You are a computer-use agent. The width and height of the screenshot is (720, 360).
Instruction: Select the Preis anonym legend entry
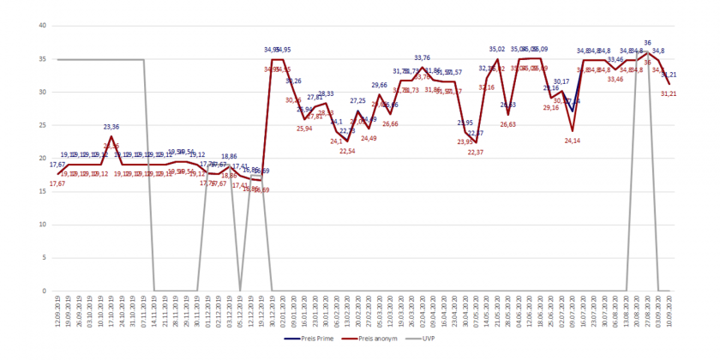(x=374, y=338)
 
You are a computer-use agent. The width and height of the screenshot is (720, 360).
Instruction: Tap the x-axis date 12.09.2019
(x=57, y=310)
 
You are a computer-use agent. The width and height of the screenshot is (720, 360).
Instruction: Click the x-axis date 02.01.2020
(x=283, y=310)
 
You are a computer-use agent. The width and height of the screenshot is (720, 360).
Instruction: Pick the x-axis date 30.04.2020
(x=465, y=310)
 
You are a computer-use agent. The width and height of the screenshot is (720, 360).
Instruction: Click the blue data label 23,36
(x=111, y=127)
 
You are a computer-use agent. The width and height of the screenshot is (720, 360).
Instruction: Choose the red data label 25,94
(x=304, y=129)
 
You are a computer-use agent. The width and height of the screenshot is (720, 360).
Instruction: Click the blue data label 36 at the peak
(x=647, y=43)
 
